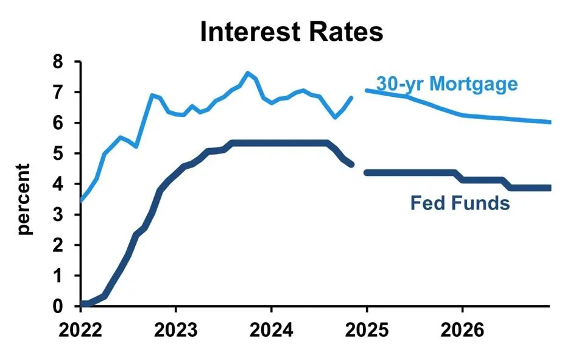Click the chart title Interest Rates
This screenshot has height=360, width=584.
292,32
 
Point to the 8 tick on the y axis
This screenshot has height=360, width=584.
58,62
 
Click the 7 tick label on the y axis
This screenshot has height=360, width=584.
58,93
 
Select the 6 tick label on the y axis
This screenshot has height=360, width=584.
58,123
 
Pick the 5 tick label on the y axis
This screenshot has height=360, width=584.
58,154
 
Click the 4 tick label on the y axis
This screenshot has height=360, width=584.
58,184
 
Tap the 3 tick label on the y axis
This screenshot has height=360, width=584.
58,214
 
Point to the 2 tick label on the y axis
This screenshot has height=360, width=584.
58,245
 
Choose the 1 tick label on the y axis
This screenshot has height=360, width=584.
58,275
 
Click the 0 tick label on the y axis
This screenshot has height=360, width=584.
58,306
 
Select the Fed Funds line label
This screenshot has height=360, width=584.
460,202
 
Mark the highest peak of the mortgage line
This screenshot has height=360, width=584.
247,73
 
